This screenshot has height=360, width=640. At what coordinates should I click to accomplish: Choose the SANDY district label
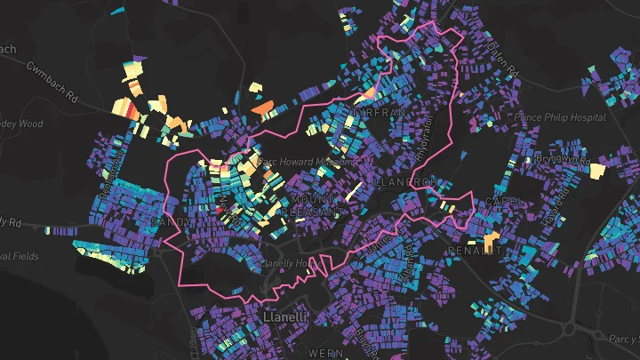[x=171, y=220]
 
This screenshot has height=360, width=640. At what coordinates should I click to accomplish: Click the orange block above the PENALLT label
[x=491, y=240]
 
